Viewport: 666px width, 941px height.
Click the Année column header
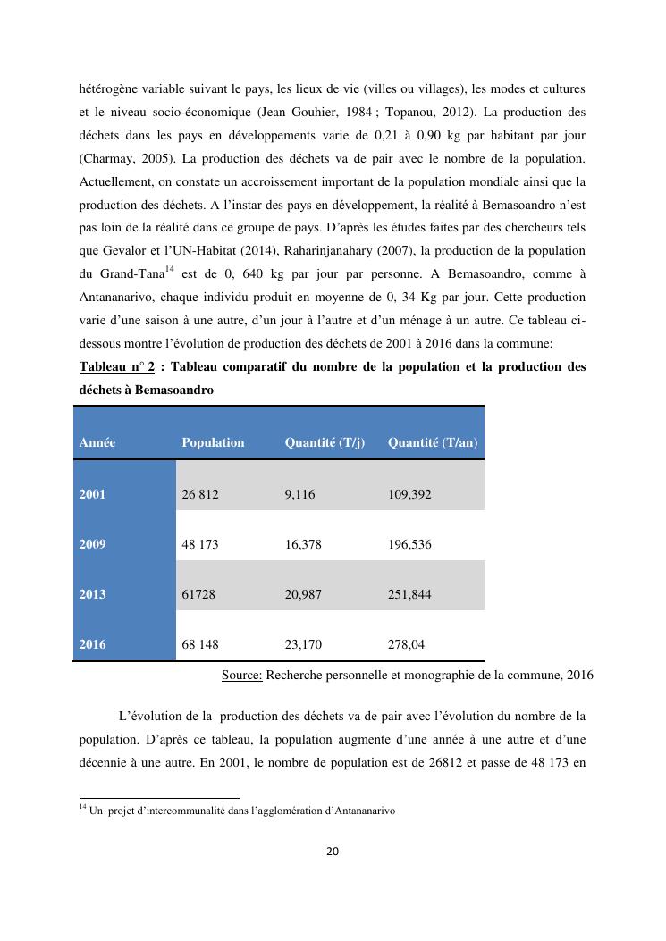coord(97,442)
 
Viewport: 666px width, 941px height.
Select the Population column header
coord(213,442)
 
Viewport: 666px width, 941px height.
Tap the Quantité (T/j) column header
coord(325,442)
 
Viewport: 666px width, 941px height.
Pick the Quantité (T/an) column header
coord(433,442)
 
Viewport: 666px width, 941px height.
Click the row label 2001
coord(92,493)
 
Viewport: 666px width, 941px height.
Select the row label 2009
coord(92,543)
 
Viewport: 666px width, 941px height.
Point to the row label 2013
coord(92,593)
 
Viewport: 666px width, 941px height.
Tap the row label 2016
coord(92,643)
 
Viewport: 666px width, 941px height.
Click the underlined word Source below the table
coord(241,675)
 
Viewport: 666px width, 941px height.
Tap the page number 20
coord(333,851)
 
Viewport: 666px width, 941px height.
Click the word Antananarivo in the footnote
coord(358,811)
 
